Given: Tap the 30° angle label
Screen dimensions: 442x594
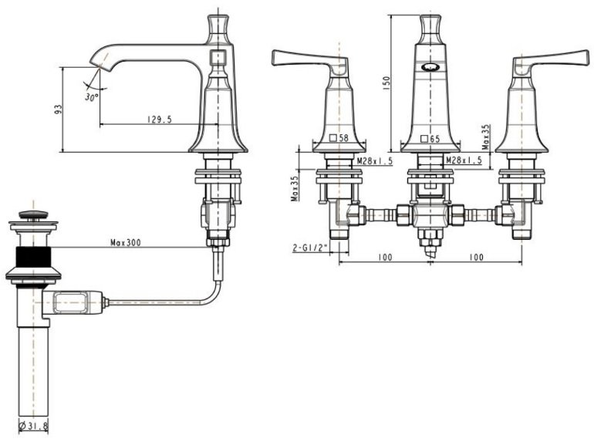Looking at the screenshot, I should pyautogui.click(x=92, y=98).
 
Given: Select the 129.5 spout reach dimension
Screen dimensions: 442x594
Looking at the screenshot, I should pyautogui.click(x=157, y=119).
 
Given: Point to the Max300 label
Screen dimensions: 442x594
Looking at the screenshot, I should pyautogui.click(x=126, y=242).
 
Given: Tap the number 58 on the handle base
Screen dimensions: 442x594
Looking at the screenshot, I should pyautogui.click(x=343, y=139).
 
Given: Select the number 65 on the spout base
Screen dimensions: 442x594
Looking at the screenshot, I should pyautogui.click(x=434, y=139).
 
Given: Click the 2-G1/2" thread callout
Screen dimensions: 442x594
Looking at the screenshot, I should pyautogui.click(x=309, y=248).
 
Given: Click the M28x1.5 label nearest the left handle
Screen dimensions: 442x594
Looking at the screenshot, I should pyautogui.click(x=375, y=160).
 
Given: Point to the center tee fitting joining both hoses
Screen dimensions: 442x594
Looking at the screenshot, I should pyautogui.click(x=429, y=214).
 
